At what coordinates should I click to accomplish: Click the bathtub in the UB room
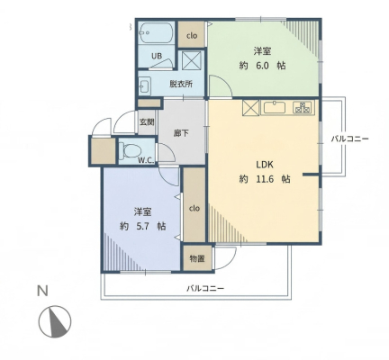coord(157,33)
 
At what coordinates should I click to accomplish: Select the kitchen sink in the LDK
coord(274,107)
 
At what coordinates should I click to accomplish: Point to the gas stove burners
coord(302,107)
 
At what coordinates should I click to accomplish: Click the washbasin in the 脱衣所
coord(145,86)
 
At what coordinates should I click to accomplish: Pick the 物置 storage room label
coord(197,258)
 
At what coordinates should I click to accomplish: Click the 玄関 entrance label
coord(147,122)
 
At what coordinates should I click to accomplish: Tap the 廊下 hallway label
coord(181,133)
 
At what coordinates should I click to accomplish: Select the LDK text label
coord(265,165)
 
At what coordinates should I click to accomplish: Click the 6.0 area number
coord(262,66)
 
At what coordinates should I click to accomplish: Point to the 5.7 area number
coord(143,226)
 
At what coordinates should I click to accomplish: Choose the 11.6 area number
coord(265,179)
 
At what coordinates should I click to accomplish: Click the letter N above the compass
coord(42,291)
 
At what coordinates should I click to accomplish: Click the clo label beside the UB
coord(192,36)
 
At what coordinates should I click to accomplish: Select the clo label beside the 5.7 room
coord(194,208)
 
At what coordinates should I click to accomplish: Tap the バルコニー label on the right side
coord(349,139)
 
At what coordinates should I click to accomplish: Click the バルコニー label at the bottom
coord(205,289)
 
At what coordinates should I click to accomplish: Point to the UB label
coord(157,56)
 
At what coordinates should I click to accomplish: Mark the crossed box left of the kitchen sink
coord(250,107)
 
